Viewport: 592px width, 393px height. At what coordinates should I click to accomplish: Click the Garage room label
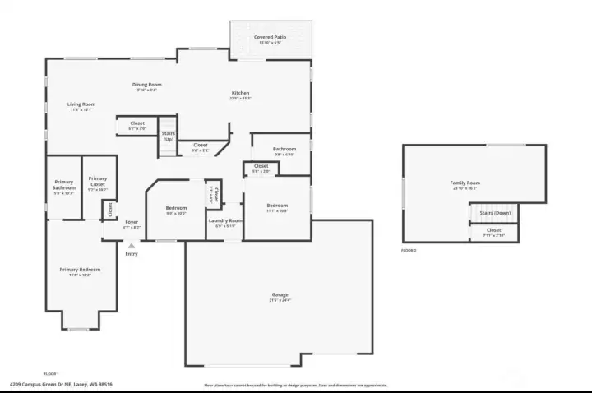(x=280, y=294)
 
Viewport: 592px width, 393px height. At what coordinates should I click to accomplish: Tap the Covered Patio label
(x=271, y=38)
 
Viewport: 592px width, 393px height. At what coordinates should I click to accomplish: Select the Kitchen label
(x=240, y=93)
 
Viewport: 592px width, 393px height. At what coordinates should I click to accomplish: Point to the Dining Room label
(x=146, y=84)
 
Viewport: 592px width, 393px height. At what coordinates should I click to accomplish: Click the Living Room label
(x=81, y=104)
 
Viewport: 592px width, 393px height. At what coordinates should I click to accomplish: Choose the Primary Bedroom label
(x=80, y=270)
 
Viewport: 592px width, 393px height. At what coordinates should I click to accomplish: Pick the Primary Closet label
(x=98, y=182)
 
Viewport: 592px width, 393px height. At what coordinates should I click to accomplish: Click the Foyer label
(x=132, y=222)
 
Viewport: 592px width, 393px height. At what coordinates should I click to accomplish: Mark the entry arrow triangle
(x=131, y=245)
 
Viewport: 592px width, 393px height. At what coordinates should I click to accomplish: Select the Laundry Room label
(x=224, y=220)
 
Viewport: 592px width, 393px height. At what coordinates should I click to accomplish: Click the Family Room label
(x=465, y=183)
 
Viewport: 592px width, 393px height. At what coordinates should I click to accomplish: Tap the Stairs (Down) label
(x=496, y=213)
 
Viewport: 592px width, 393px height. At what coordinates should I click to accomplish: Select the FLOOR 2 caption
(x=409, y=250)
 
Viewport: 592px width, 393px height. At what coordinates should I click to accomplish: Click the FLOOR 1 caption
(x=52, y=372)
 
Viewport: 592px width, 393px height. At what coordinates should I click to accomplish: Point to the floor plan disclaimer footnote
(x=295, y=385)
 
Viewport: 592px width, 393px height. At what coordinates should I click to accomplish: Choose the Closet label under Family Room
(x=493, y=231)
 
